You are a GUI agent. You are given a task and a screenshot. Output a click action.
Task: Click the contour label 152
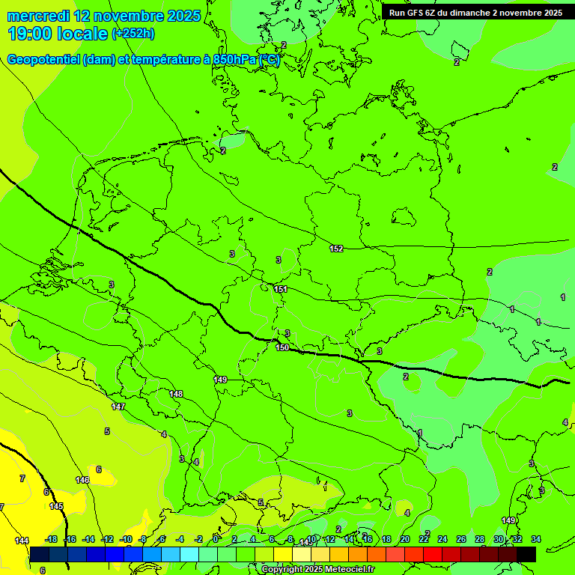coord(336,249)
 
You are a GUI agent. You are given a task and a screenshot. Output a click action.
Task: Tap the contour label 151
coord(281,289)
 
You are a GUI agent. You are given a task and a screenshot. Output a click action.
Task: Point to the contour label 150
coord(282,347)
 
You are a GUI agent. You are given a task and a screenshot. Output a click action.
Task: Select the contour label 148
coord(176,394)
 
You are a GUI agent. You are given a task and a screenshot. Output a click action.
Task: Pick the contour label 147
coord(118,407)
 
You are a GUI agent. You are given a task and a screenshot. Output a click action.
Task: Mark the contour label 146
coord(82,480)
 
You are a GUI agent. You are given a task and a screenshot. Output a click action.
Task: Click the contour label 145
coord(56,506)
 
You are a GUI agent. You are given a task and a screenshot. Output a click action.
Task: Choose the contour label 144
coord(22,541)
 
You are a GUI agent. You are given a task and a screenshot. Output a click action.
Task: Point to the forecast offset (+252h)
coord(133,34)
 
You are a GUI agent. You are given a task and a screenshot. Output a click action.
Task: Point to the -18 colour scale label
coord(51,539)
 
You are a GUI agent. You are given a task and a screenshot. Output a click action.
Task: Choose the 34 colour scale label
coord(536,539)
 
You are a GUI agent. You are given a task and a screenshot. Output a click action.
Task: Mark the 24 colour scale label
coord(442,539)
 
